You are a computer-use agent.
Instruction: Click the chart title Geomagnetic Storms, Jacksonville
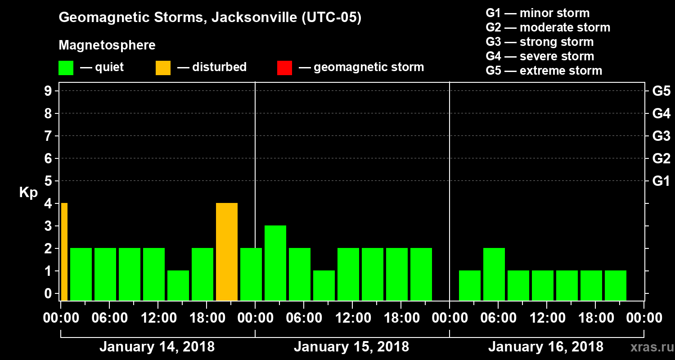[x=210, y=18]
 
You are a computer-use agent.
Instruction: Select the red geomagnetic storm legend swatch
[x=284, y=68]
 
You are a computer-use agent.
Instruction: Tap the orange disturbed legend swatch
[x=163, y=68]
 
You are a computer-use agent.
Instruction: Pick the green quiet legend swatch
[x=66, y=68]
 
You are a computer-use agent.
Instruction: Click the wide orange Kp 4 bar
[x=227, y=252]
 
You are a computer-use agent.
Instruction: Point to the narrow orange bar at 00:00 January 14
[x=64, y=252]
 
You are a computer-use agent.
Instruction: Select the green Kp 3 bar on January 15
[x=275, y=263]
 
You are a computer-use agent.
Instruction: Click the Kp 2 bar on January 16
[x=494, y=274]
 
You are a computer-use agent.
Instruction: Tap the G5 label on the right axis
[x=661, y=91]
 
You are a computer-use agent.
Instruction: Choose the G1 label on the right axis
[x=661, y=181]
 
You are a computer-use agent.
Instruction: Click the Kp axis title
[x=28, y=193]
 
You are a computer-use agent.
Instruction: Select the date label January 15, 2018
[x=351, y=347]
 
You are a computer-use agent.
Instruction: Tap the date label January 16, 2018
[x=546, y=347]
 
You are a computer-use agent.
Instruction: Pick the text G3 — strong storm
[x=540, y=42]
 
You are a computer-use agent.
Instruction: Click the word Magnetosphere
[x=107, y=45]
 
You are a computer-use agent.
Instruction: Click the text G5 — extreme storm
[x=544, y=71]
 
